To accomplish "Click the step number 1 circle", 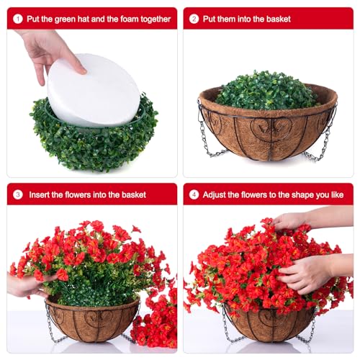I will pyautogui.click(x=18, y=18).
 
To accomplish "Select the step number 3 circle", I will pyautogui.click(x=18, y=194).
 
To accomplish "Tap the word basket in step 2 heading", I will pyautogui.click(x=274, y=18).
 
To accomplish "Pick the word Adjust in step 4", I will pyautogui.click(x=216, y=194).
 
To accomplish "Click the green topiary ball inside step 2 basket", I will pyautogui.click(x=266, y=91).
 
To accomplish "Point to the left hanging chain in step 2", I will pyautogui.click(x=204, y=133).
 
